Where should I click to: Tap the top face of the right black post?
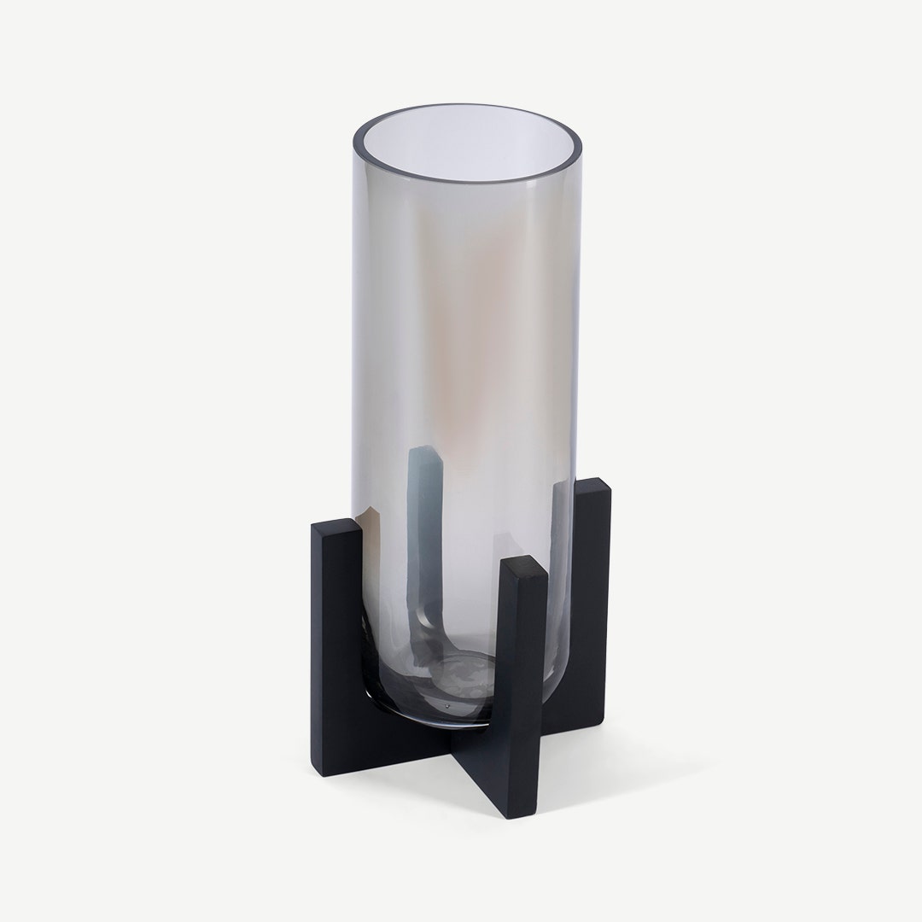pos(589,487)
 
